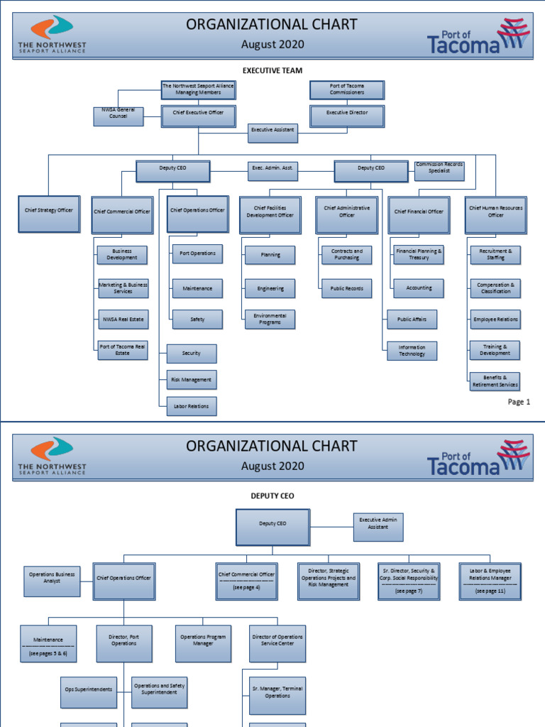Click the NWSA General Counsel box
[119, 116]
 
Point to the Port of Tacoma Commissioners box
[348, 89]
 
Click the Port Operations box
[197, 254]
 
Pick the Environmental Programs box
[270, 319]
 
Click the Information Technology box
[412, 351]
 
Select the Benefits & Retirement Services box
[495, 381]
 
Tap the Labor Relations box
[192, 407]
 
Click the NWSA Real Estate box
[123, 319]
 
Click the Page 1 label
[519, 402]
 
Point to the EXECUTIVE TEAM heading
[272, 71]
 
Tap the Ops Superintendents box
[89, 689]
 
